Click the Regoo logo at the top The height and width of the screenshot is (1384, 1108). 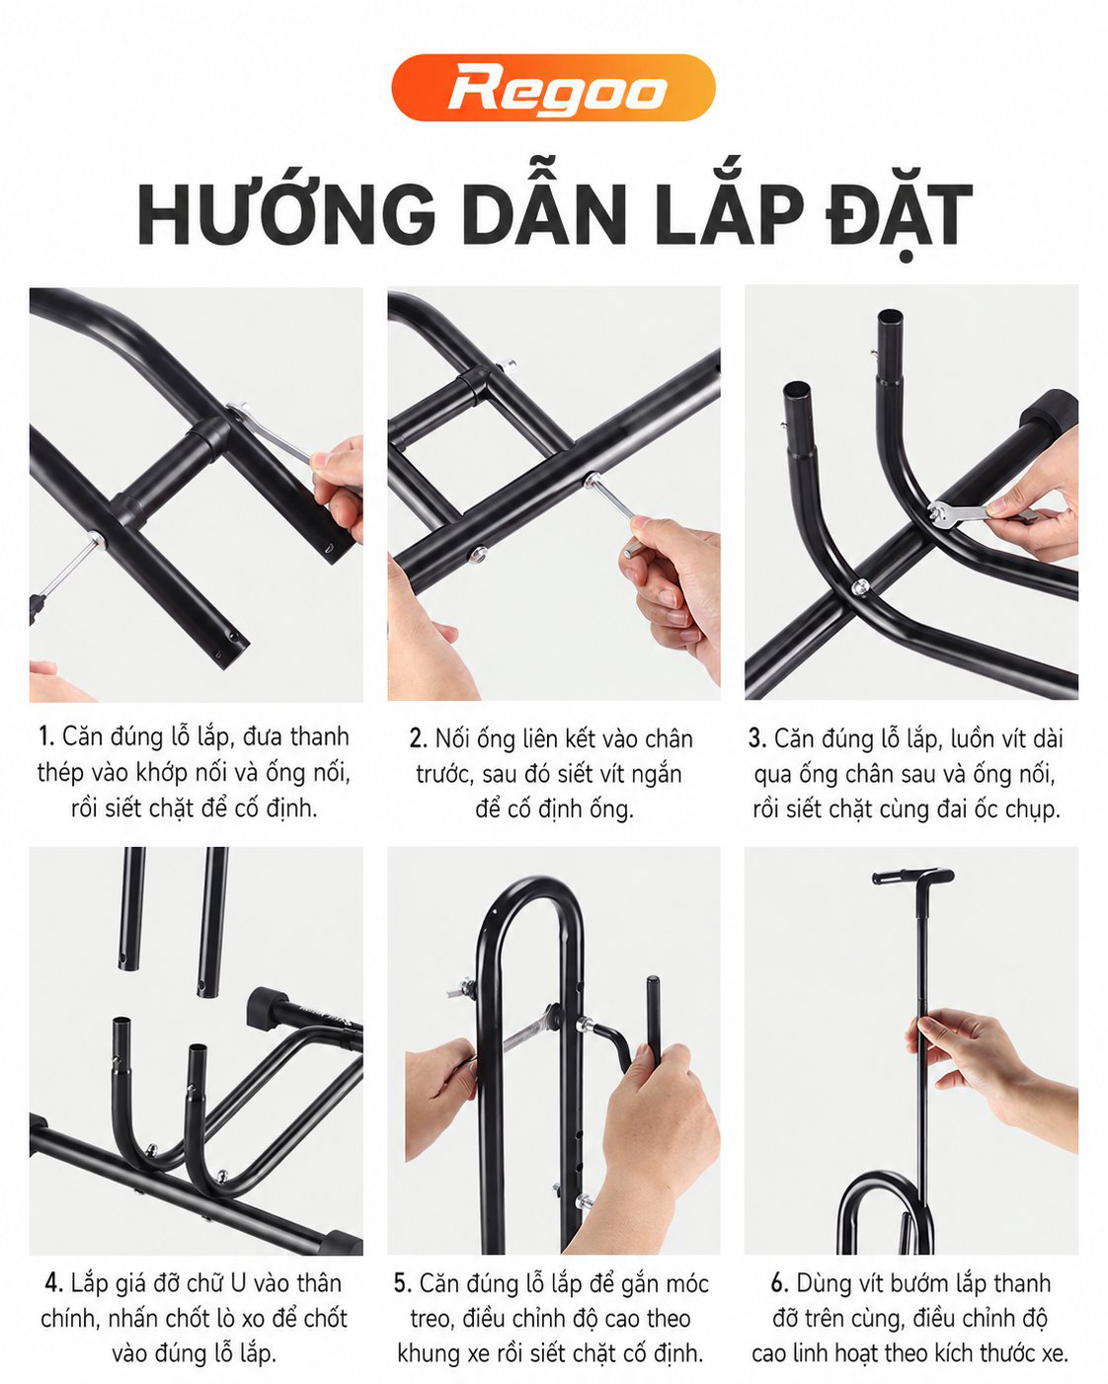tap(553, 88)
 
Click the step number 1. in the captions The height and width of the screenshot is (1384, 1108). tap(46, 736)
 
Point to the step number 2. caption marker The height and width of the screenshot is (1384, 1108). tap(419, 738)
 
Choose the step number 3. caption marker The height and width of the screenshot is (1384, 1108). tap(757, 738)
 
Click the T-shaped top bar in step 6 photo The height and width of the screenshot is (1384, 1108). tap(913, 877)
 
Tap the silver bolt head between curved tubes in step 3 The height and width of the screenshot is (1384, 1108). tap(859, 586)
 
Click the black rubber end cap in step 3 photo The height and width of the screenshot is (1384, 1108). tap(1050, 410)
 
